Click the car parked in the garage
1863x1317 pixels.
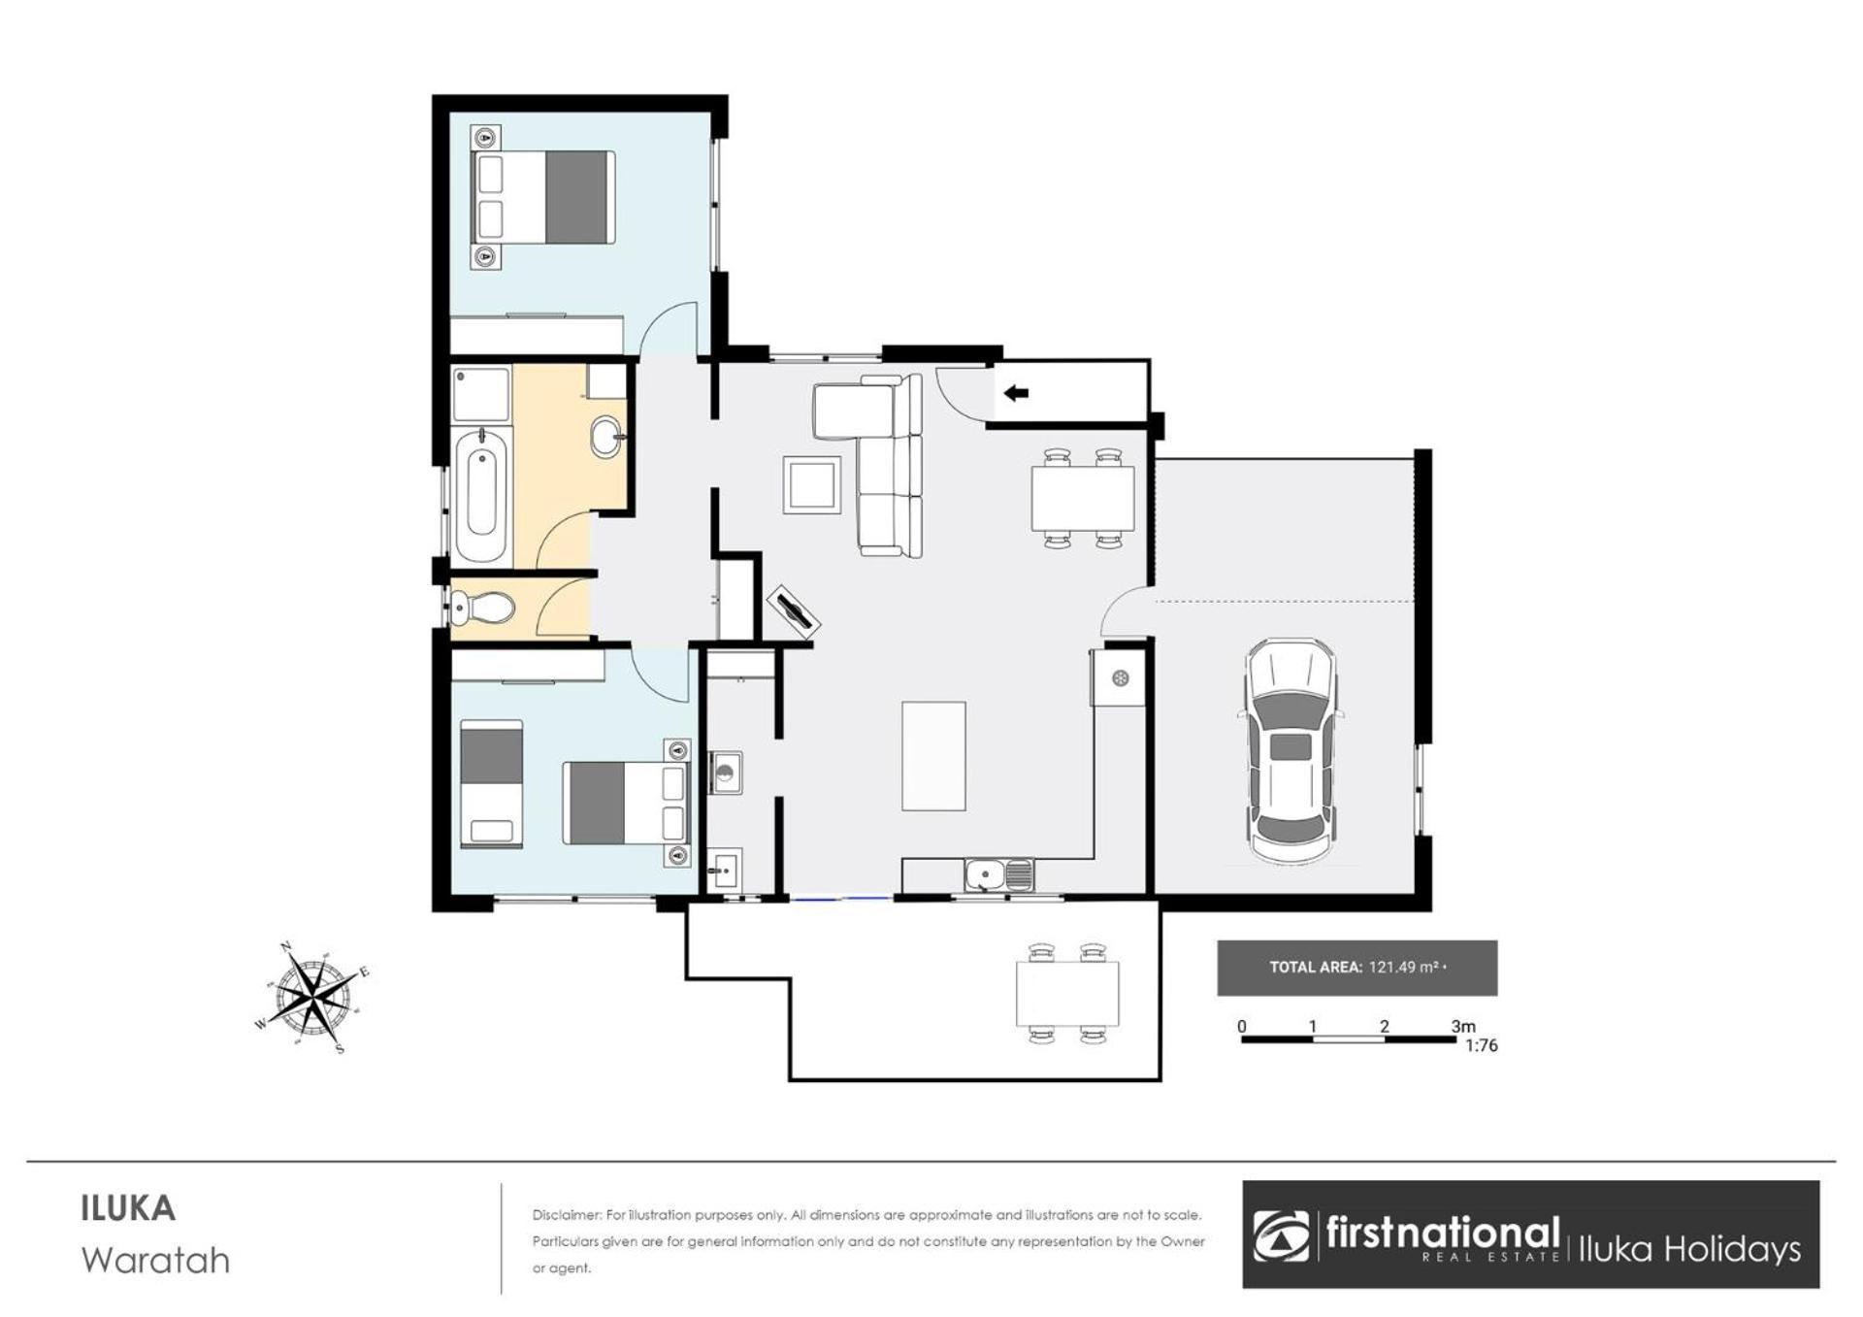1291,750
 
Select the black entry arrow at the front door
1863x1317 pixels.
1016,393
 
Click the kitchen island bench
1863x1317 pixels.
933,756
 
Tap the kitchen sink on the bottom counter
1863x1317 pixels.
999,875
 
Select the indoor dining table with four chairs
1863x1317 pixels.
1083,498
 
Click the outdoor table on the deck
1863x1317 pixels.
1067,993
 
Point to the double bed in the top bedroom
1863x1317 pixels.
543,197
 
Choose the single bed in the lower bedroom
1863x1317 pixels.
491,783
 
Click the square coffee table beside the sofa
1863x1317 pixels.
812,484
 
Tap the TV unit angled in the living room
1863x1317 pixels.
794,610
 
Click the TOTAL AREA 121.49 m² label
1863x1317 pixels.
1357,968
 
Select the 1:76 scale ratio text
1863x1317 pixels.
1482,1046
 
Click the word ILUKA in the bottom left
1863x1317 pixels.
128,1209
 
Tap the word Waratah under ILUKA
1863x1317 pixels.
156,1261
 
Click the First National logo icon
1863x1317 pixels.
1281,1235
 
